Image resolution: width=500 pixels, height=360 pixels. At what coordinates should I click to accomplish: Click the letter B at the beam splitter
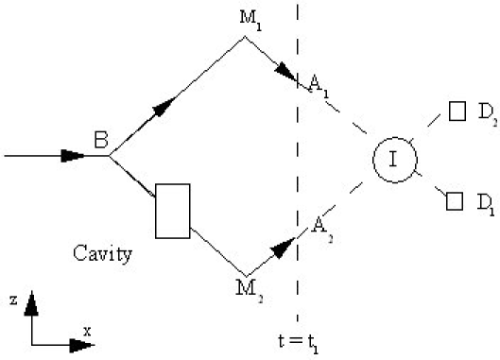(101, 143)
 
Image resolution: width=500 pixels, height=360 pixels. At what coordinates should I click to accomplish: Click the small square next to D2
(457, 111)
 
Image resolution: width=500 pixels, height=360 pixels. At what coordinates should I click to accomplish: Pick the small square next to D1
(455, 200)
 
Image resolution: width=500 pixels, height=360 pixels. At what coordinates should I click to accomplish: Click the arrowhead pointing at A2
(283, 248)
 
